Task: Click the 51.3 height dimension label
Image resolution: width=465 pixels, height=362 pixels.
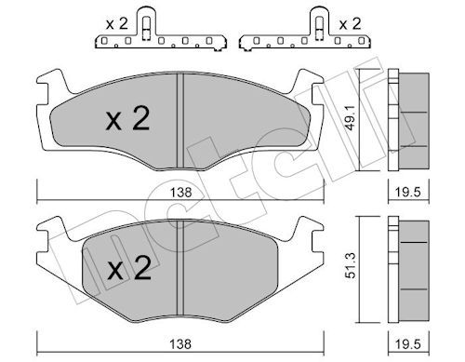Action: (350, 265)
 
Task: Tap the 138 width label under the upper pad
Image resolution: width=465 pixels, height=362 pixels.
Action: (180, 193)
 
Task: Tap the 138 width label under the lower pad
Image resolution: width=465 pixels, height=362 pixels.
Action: (180, 343)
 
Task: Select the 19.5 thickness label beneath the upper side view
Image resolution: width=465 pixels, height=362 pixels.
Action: (408, 193)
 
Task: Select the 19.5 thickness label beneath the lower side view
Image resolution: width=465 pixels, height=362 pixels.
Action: (408, 343)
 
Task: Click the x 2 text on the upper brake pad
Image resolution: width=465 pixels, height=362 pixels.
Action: (127, 119)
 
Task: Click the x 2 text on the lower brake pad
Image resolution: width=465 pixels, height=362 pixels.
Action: (129, 268)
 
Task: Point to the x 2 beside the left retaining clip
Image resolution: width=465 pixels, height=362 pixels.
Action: (116, 24)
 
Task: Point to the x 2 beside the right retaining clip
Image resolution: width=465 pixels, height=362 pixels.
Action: (350, 24)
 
